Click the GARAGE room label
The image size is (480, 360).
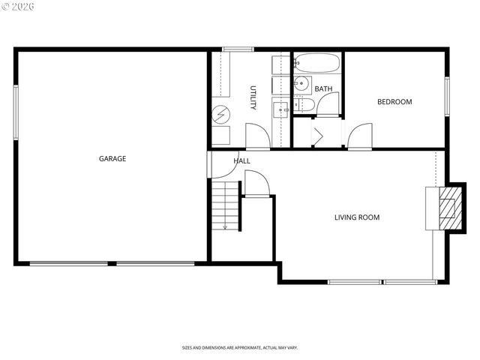(x=112, y=158)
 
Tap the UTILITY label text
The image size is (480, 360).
(x=253, y=97)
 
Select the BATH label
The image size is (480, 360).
(x=323, y=89)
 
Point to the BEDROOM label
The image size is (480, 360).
(x=394, y=102)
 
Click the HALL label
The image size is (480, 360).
(x=241, y=160)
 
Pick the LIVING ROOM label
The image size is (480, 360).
(x=356, y=217)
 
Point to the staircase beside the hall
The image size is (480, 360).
(x=225, y=206)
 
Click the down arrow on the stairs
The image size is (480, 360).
(x=225, y=225)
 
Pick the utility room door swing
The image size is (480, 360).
(x=256, y=136)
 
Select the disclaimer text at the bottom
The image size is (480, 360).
(x=239, y=347)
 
